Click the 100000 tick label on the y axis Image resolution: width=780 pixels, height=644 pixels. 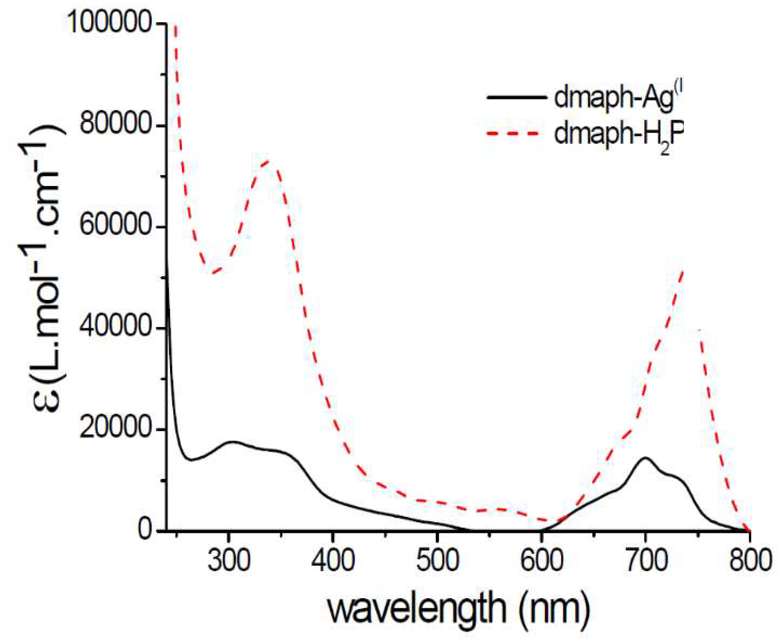coord(110,23)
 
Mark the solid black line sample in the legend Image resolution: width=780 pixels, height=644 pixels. coord(515,97)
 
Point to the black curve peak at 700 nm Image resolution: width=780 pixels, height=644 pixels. coord(645,458)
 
